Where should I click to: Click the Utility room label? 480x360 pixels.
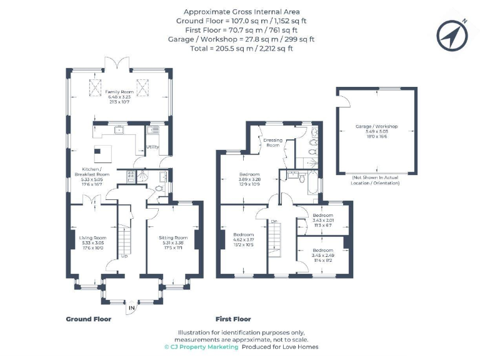[x=152, y=147]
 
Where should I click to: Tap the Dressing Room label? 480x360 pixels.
[x=272, y=142]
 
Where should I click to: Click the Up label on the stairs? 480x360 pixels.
[x=124, y=256]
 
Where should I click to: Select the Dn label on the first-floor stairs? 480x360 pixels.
[x=274, y=221]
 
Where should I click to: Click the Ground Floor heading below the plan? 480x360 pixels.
[x=88, y=319]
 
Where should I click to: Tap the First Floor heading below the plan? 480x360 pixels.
[x=233, y=319]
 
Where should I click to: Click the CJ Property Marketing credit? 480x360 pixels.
[x=201, y=347]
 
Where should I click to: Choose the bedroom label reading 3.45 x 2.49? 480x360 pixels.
[x=323, y=254]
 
